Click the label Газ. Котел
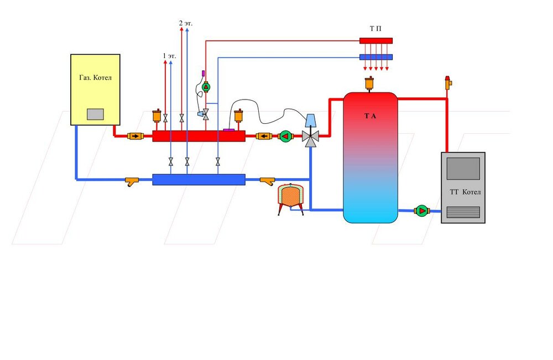click(x=95, y=78)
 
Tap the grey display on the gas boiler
click(x=95, y=114)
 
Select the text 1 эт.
click(x=169, y=56)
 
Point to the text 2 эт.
click(x=185, y=23)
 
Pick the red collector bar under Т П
click(x=376, y=40)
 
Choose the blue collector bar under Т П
click(x=376, y=57)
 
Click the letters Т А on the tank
click(x=370, y=116)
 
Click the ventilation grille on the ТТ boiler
click(x=463, y=212)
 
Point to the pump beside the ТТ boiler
click(x=421, y=210)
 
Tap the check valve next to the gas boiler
click(x=134, y=135)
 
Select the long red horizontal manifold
click(x=199, y=136)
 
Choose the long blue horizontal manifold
click(x=199, y=179)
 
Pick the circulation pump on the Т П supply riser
click(x=206, y=87)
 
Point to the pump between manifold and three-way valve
click(x=285, y=136)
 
